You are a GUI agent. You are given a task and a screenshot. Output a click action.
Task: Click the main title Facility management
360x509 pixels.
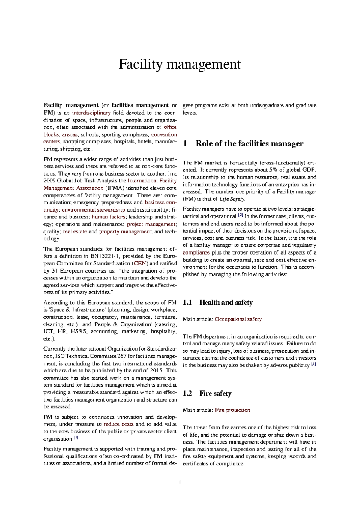pyautogui.click(x=179, y=65)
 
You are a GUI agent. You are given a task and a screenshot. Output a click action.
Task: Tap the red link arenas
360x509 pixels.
pyautogui.click(x=70, y=134)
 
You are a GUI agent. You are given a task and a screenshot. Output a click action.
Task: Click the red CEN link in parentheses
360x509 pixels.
pyautogui.click(x=140, y=264)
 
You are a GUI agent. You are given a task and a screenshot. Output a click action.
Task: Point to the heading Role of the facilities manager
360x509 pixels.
pyautogui.click(x=249, y=144)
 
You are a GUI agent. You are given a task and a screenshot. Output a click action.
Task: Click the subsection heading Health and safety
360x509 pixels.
pyautogui.click(x=226, y=303)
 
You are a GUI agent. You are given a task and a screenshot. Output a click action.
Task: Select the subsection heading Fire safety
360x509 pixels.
pyautogui.click(x=215, y=393)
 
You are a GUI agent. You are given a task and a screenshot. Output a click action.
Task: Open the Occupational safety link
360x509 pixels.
pyautogui.click(x=238, y=319)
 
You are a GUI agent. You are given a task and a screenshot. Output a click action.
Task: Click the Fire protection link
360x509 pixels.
pyautogui.click(x=232, y=410)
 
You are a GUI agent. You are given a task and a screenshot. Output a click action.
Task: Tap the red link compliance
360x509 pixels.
pyautogui.click(x=196, y=253)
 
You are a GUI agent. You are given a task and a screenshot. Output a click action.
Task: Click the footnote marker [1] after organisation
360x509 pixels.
pyautogui.click(x=76, y=438)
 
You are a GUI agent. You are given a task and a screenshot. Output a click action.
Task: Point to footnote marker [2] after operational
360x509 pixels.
pyautogui.click(x=240, y=215)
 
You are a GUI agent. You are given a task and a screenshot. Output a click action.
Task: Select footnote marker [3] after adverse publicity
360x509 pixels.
pyautogui.click(x=313, y=364)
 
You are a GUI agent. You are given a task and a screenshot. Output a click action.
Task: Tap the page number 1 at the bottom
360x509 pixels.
pyautogui.click(x=180, y=482)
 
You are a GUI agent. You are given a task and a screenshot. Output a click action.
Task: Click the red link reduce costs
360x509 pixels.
pyautogui.click(x=118, y=424)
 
